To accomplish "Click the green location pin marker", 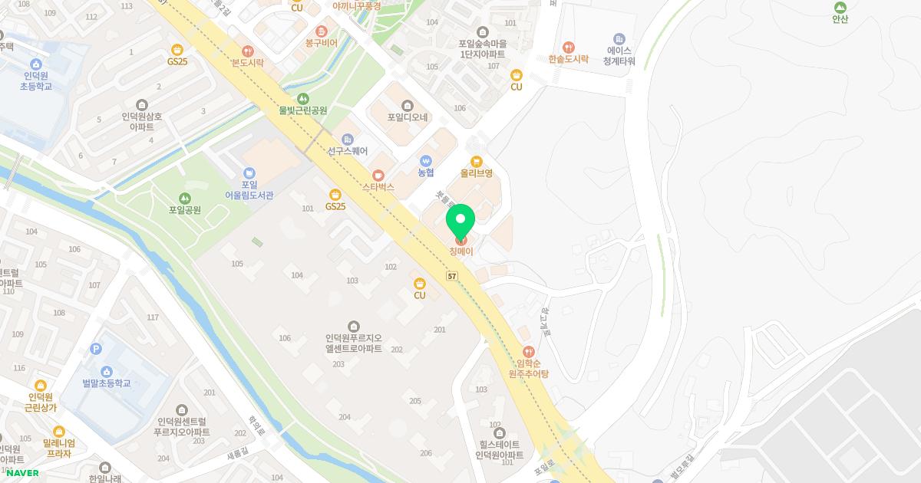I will click(x=460, y=223).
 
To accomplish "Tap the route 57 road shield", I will click(x=452, y=275).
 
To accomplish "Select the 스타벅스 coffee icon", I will click(x=378, y=175).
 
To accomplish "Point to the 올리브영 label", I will click(x=476, y=173).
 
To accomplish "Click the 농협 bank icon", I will click(x=426, y=161).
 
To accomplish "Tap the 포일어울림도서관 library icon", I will click(x=249, y=173).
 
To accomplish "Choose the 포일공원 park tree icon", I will click(x=184, y=198).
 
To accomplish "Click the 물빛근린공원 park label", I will click(x=303, y=110).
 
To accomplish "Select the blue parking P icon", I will click(x=96, y=349).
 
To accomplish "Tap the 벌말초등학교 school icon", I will click(x=107, y=371).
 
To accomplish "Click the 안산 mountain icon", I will click(x=840, y=8).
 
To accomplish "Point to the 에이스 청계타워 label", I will click(x=619, y=55).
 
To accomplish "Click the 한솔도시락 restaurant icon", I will click(x=568, y=47).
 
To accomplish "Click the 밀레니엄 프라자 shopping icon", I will click(x=59, y=432).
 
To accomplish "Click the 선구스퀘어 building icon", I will click(x=347, y=139).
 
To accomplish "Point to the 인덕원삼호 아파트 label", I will click(x=142, y=122).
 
